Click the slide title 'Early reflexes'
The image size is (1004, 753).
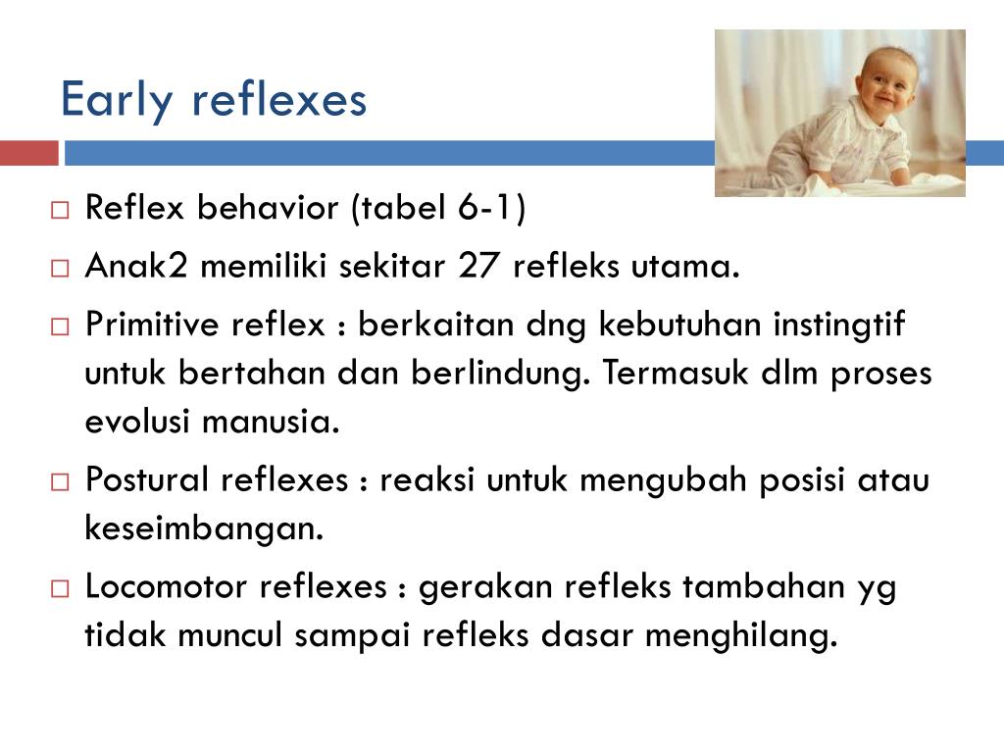point(214,100)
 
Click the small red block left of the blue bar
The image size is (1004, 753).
point(29,153)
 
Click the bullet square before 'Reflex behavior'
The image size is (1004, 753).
point(61,210)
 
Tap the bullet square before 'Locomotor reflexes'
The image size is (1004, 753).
point(61,588)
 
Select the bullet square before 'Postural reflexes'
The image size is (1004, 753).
point(61,481)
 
